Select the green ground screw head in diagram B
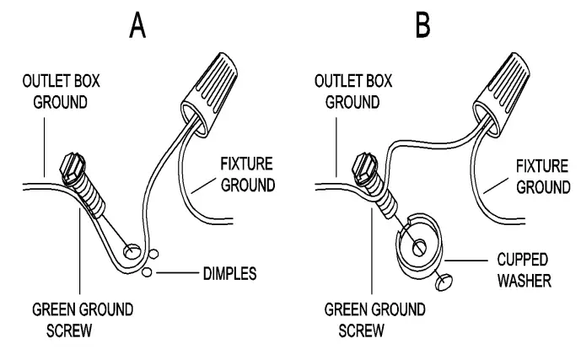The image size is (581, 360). (x=365, y=163)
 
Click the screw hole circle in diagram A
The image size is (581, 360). (x=132, y=250)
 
